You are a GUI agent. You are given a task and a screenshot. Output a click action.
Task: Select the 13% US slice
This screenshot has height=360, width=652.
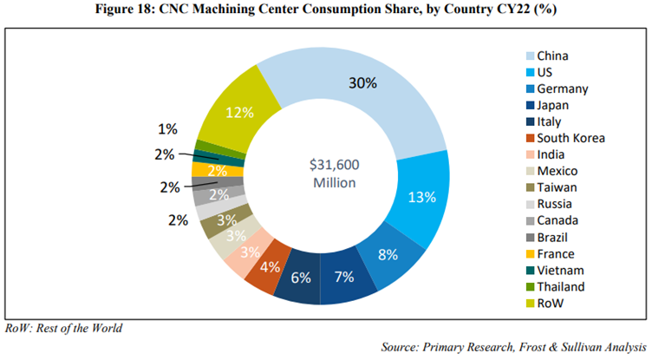click(x=420, y=196)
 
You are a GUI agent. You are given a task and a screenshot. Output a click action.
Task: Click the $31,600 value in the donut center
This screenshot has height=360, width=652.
click(x=335, y=164)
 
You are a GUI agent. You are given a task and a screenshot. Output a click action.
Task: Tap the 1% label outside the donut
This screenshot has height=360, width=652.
click(x=167, y=129)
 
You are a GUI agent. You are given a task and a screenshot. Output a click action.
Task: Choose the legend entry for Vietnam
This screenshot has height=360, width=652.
click(x=559, y=270)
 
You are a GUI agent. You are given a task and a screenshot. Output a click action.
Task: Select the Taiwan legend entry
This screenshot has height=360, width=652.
click(x=557, y=187)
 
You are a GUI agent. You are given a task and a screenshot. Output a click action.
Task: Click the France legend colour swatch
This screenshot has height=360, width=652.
click(x=528, y=253)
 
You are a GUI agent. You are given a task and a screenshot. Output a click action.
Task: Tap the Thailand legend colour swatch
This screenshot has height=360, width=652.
click(x=528, y=286)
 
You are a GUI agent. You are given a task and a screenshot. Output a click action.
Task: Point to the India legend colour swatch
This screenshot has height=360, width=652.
click(x=528, y=154)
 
